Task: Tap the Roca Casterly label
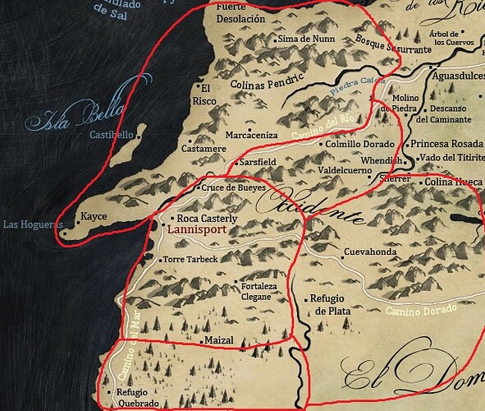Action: (x=208, y=219)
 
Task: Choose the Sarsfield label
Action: (x=257, y=163)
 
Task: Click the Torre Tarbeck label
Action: (x=190, y=259)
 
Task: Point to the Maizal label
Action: (x=221, y=339)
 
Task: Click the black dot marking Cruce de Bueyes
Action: (x=196, y=188)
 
